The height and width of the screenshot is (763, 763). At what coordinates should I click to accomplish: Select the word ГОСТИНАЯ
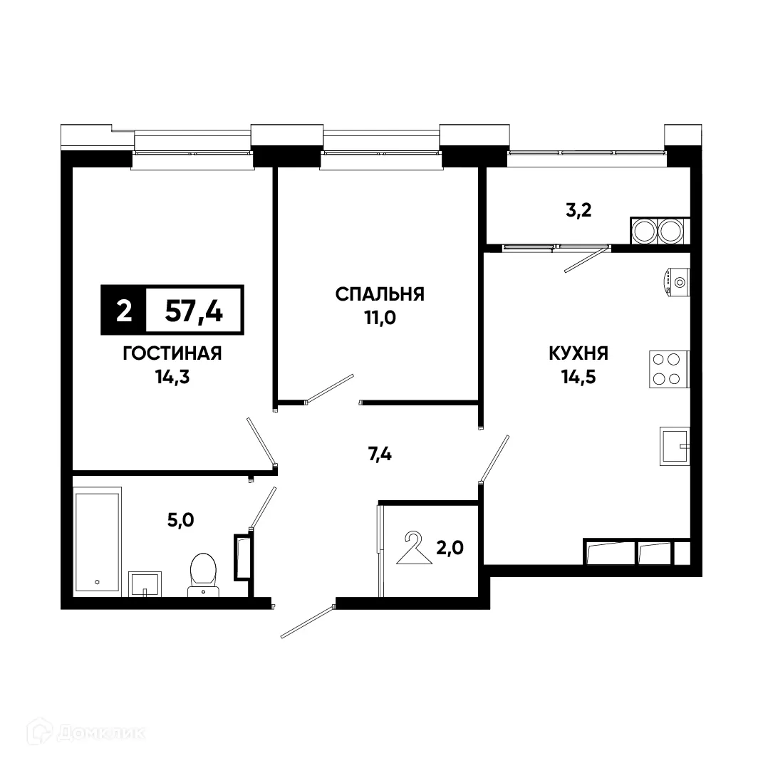pos(172,353)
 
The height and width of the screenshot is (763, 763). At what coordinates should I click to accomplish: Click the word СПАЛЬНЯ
pos(380,294)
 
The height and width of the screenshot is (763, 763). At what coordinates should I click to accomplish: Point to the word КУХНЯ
pos(578,353)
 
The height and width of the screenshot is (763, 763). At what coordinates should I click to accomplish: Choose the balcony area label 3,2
pos(578,210)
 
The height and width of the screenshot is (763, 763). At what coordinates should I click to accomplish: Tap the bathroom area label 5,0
pos(179,519)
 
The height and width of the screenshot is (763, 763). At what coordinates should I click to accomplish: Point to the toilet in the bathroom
pos(204,573)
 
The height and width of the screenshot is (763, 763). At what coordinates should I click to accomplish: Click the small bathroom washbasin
pos(145,583)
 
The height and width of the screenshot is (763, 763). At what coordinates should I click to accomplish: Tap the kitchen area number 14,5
pos(578,376)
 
